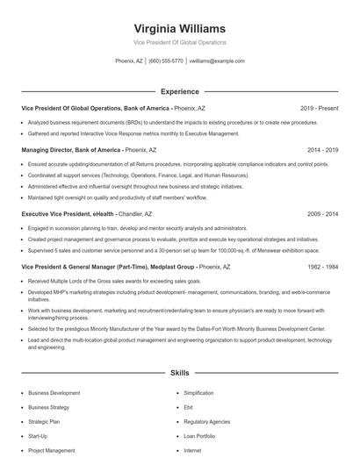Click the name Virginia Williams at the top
[x=180, y=29]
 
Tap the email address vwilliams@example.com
[x=216, y=61]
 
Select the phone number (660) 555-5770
[x=166, y=61]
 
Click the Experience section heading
[x=180, y=91]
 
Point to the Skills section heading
[x=180, y=373]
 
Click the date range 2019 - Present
[x=319, y=108]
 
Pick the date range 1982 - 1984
[x=322, y=266]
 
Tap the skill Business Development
[x=54, y=393]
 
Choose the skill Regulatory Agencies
[x=207, y=421]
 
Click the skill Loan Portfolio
[x=200, y=435]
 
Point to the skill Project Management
[x=52, y=450]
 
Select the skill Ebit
[x=189, y=407]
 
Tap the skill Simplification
[x=198, y=393]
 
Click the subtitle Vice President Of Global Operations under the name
[x=180, y=42]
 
